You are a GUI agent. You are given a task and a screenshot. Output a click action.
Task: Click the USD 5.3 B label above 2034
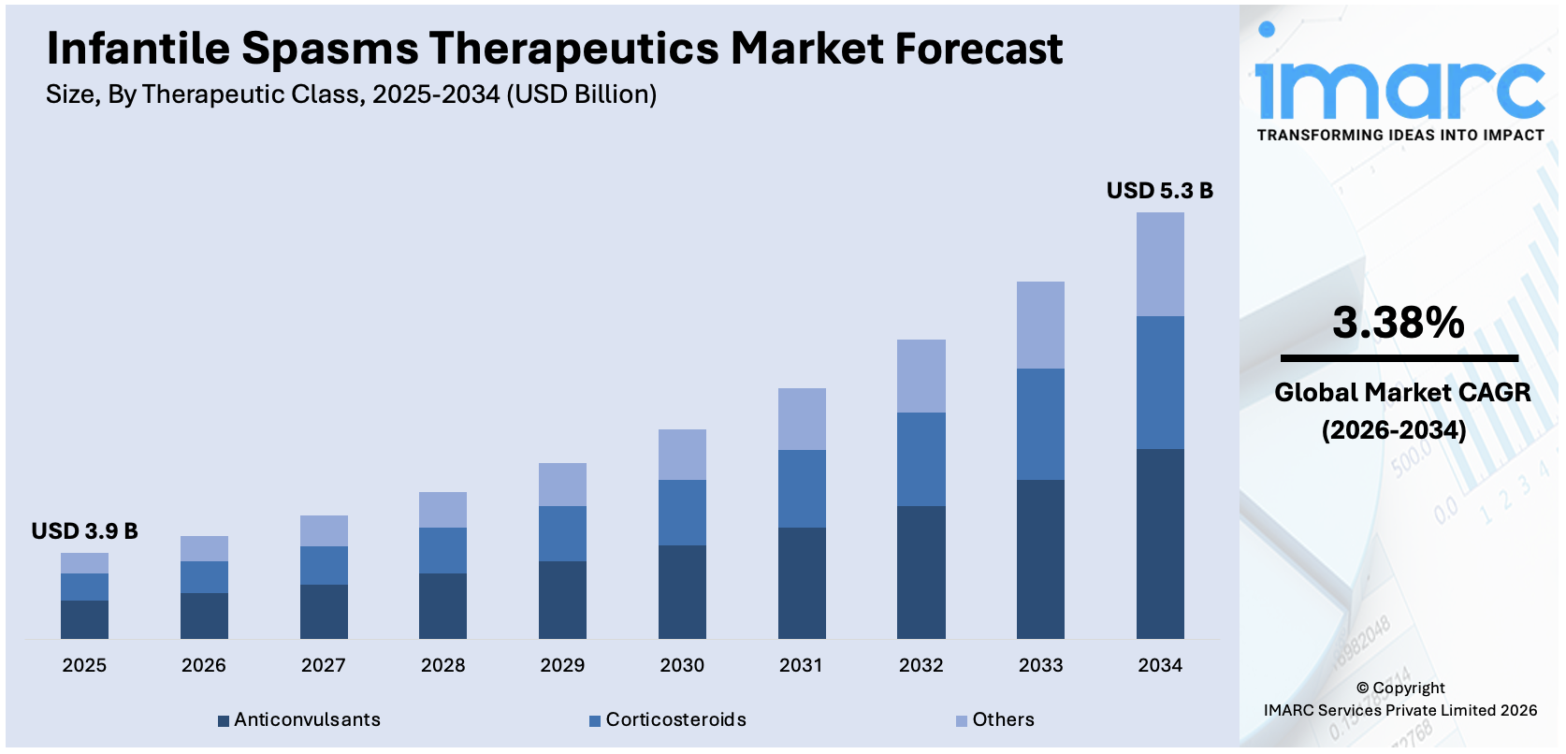[1159, 191]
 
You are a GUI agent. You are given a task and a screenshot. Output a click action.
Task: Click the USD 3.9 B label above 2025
[84, 531]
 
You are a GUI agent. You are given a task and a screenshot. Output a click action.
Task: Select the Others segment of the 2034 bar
[1160, 265]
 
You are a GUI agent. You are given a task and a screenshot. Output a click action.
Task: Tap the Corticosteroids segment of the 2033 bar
[1040, 424]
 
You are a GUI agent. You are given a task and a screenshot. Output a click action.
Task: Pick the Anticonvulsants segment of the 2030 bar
[682, 591]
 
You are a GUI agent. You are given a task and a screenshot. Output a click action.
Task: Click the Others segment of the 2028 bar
[442, 510]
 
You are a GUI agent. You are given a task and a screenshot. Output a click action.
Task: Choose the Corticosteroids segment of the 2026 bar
[204, 577]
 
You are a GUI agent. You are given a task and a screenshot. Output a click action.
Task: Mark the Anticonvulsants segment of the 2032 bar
[921, 572]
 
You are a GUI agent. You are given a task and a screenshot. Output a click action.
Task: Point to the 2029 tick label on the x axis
[562, 665]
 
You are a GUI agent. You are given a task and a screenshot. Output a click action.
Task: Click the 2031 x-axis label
[801, 665]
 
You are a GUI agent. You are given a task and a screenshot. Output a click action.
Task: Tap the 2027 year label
[323, 665]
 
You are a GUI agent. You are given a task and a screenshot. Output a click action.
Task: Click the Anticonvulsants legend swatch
[224, 721]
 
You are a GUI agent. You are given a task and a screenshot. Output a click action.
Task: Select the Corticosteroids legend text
[675, 719]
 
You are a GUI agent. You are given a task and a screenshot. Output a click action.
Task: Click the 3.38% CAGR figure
[1398, 323]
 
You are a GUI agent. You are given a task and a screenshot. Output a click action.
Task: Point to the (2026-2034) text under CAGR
[1394, 430]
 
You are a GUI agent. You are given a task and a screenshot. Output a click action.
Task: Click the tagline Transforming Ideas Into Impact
[1399, 135]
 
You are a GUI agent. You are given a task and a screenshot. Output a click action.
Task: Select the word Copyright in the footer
[1408, 688]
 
